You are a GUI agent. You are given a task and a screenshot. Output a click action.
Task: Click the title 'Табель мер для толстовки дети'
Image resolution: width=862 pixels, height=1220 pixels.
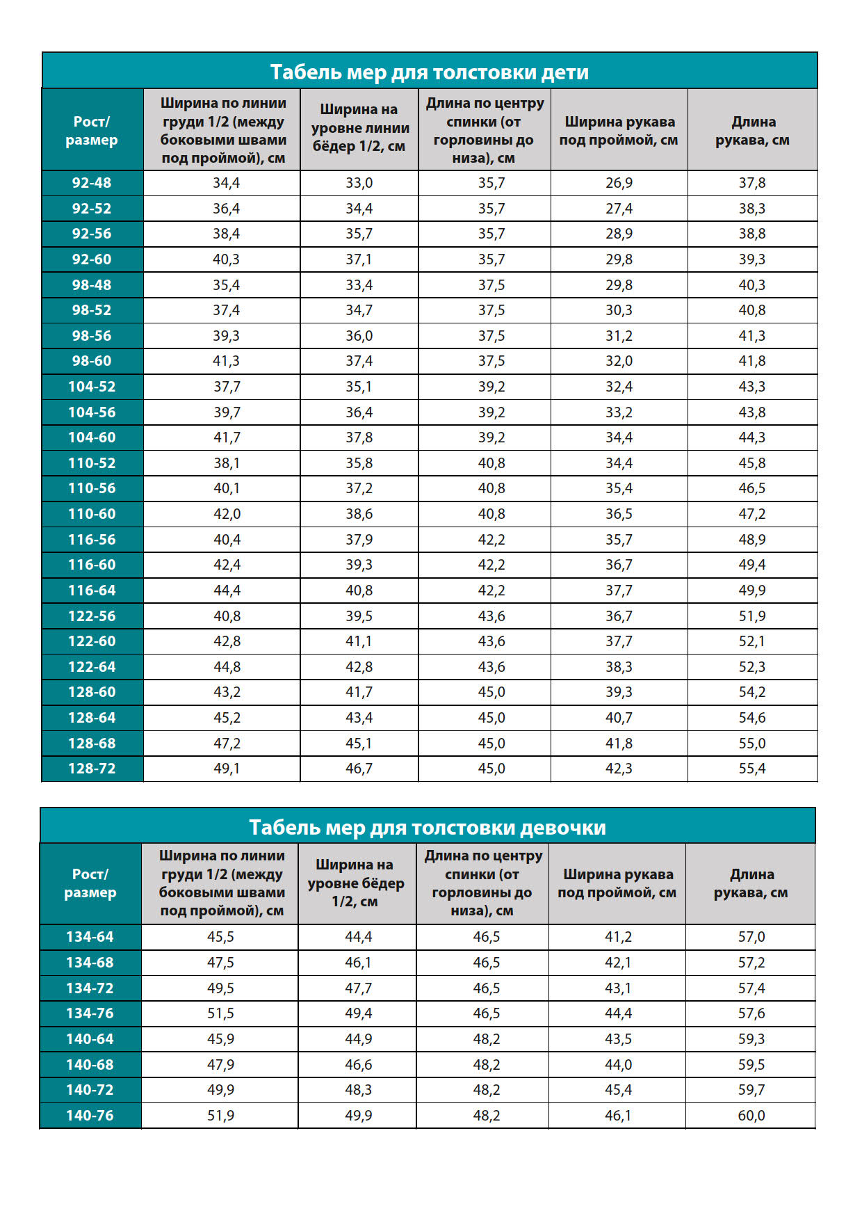(429, 72)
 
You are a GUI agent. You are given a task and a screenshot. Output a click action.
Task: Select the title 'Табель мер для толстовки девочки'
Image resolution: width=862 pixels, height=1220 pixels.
(427, 827)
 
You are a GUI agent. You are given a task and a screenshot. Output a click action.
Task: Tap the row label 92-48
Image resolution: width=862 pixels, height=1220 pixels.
(92, 183)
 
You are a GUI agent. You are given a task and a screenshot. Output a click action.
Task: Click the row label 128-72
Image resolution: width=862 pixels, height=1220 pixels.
(92, 769)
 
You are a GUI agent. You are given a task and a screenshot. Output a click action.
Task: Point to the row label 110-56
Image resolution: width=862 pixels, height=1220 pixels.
(92, 488)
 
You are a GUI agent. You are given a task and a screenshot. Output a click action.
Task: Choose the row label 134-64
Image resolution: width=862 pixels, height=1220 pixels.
(90, 937)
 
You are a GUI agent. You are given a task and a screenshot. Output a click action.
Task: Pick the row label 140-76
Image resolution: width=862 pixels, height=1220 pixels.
(90, 1116)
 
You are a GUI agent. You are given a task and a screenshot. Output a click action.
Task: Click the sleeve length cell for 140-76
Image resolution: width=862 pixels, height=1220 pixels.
(751, 1116)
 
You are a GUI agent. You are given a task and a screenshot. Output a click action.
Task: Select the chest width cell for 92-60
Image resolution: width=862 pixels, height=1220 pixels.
(226, 259)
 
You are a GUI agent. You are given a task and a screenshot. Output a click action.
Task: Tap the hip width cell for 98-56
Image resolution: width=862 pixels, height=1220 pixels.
(359, 336)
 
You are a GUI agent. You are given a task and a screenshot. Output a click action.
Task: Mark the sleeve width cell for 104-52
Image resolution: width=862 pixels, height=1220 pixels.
(619, 387)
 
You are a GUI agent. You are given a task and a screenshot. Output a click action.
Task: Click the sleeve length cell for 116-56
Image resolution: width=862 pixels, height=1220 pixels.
(751, 540)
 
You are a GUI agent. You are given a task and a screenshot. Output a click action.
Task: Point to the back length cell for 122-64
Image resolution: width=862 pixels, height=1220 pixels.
(491, 667)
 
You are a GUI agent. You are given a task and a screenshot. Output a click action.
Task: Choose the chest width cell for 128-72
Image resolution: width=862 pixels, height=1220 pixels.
(226, 769)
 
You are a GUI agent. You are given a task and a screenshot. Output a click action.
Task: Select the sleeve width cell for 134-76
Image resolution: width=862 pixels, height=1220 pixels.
(617, 1013)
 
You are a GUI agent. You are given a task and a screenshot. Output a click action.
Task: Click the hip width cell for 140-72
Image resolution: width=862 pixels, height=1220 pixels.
(358, 1090)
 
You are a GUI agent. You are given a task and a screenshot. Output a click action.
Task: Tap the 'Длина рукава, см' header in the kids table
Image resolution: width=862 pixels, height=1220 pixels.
(752, 131)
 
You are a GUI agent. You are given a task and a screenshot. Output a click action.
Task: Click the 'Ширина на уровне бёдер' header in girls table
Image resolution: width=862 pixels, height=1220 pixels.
(356, 883)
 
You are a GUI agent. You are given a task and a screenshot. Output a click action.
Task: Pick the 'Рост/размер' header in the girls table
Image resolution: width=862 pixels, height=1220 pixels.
(90, 883)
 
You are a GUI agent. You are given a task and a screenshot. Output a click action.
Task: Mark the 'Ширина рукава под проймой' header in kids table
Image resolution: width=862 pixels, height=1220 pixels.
(619, 131)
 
